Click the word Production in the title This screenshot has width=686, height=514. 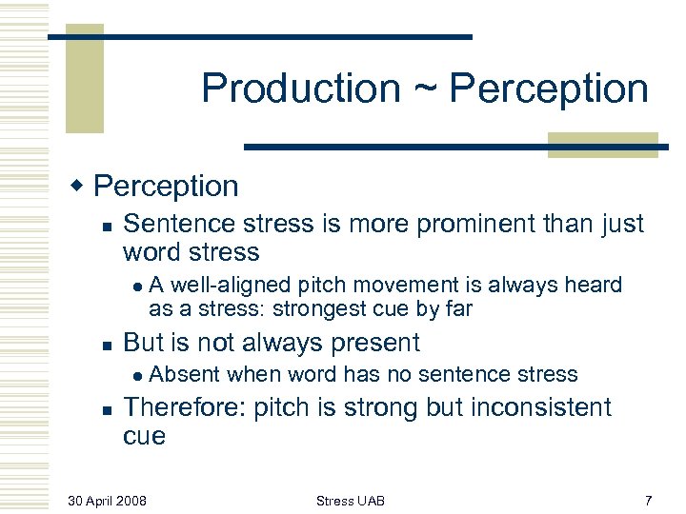point(300,89)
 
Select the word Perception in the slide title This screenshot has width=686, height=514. point(549,89)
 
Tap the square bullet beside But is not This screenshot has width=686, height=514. point(108,345)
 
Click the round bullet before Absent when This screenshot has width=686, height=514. point(138,375)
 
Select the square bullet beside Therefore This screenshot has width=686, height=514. point(108,409)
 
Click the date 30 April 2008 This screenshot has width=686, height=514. point(107,501)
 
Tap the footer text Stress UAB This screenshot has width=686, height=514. point(351,501)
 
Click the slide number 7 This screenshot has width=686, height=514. point(649,501)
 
